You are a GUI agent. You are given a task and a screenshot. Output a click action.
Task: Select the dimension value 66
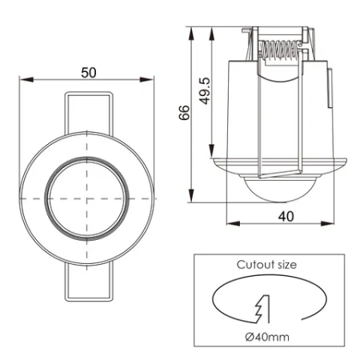(183, 114)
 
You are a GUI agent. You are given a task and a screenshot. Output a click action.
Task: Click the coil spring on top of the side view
(280, 52)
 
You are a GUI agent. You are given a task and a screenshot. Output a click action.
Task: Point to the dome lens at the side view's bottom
(275, 190)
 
